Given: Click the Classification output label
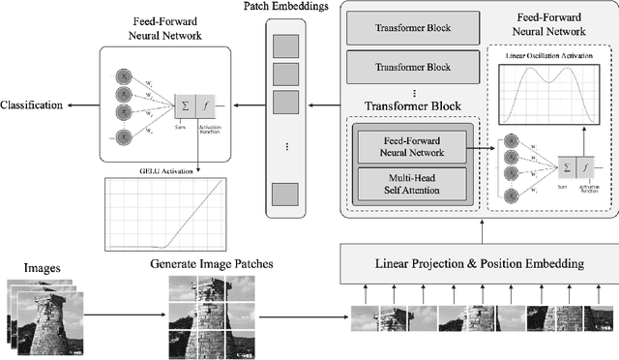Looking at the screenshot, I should pos(31,104).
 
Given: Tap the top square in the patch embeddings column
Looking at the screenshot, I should pos(284,45).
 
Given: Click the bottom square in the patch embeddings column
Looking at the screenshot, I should pos(284,193).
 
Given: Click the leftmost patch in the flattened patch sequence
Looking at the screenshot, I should pos(364,318).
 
